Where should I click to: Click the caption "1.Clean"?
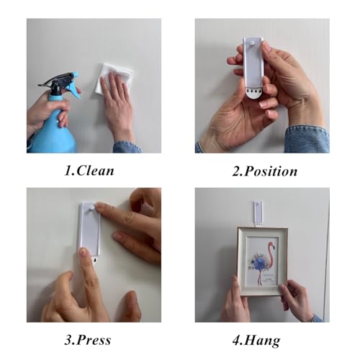point(89,171)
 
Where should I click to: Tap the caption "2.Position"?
point(265,171)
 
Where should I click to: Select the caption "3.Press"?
point(88,340)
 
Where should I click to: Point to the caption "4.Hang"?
point(256,341)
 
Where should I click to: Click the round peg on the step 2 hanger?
point(252,43)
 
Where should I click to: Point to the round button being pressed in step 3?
point(92,207)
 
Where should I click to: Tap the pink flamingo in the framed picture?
point(269,259)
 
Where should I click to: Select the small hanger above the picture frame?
point(258,214)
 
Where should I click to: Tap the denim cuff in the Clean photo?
point(127,146)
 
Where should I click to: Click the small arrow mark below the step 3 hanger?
point(96,260)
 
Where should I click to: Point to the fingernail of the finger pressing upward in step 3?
point(84,252)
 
